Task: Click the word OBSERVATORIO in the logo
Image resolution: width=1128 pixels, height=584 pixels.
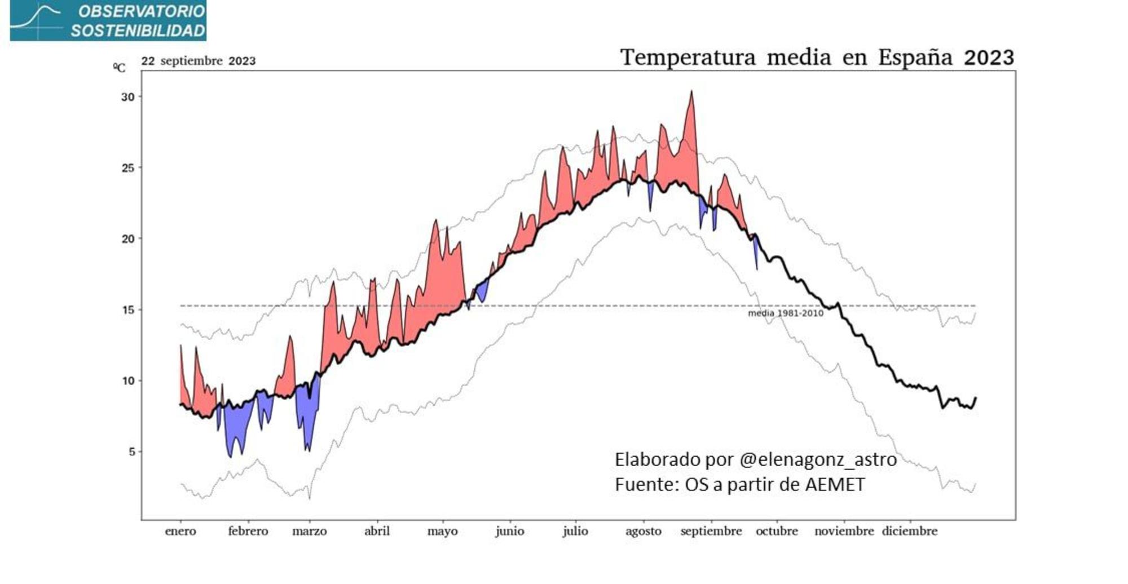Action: tap(142, 11)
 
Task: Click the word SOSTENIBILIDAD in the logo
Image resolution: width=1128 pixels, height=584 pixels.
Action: tap(138, 31)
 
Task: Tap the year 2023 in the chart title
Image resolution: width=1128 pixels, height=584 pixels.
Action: tap(989, 57)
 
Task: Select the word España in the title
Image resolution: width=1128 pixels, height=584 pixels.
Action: tap(915, 57)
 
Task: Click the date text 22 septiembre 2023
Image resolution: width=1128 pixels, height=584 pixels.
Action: tap(198, 61)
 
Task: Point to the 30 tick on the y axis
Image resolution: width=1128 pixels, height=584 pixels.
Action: tap(128, 97)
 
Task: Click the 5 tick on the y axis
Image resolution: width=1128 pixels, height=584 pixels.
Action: tap(131, 452)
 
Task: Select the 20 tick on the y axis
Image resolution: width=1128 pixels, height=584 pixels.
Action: tap(128, 239)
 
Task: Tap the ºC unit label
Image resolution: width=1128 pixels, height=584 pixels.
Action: tap(120, 68)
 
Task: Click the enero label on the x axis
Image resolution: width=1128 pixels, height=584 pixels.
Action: tap(180, 531)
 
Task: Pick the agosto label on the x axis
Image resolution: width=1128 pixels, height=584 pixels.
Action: tap(644, 531)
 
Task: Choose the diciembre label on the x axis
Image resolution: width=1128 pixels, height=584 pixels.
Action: tap(910, 531)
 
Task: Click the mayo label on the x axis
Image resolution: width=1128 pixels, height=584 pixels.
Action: tap(443, 531)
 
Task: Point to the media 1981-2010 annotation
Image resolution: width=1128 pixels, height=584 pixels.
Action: tap(786, 313)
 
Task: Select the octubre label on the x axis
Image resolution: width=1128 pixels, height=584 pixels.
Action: tap(777, 531)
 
